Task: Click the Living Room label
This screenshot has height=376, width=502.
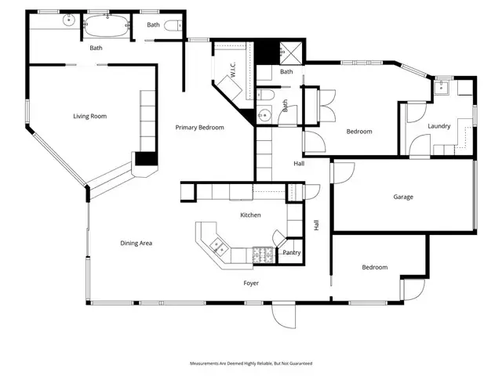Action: tap(89, 116)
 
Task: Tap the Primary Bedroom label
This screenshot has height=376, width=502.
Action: tap(199, 127)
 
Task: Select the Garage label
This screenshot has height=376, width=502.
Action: tap(403, 197)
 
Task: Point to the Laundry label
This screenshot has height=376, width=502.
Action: tap(439, 126)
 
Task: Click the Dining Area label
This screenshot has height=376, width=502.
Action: tap(136, 243)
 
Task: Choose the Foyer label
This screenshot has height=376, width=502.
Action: tap(251, 283)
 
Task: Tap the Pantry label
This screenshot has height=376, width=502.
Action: tap(291, 252)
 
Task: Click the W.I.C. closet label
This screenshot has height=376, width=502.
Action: tap(233, 69)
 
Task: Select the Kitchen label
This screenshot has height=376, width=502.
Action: tap(250, 215)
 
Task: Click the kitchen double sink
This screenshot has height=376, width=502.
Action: tap(219, 247)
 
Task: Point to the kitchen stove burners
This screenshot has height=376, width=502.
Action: tap(263, 255)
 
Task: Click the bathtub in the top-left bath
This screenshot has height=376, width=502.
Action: tap(107, 26)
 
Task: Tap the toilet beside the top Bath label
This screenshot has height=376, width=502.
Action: tap(173, 25)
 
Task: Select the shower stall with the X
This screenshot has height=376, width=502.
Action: tap(291, 52)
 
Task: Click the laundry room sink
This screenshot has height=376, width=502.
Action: tap(442, 86)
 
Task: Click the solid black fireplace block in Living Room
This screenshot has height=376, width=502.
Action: tap(147, 158)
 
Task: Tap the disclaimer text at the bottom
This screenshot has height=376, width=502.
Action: tap(251, 363)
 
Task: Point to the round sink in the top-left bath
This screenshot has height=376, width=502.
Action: tap(68, 20)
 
